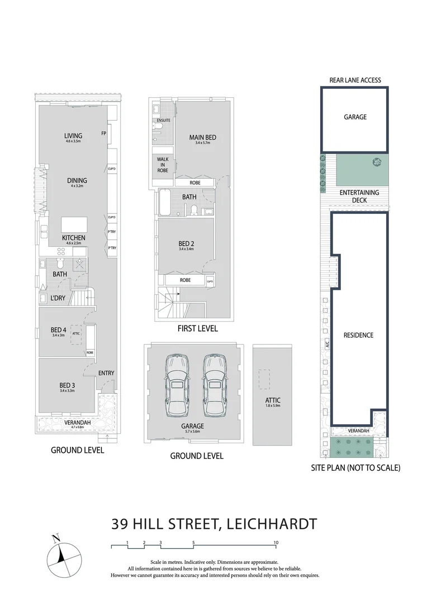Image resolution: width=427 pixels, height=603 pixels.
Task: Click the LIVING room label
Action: click(73, 136)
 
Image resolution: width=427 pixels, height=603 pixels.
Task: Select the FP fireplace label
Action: click(103, 133)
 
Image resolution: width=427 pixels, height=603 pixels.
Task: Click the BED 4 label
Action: click(58, 330)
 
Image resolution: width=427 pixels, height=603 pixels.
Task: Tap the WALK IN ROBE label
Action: click(162, 165)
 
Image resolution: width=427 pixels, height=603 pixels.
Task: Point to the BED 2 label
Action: click(186, 243)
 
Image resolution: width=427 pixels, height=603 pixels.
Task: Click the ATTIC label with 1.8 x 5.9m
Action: click(273, 400)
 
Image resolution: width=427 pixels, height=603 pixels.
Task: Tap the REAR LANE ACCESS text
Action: click(355, 80)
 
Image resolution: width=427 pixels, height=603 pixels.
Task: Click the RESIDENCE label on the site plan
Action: click(358, 335)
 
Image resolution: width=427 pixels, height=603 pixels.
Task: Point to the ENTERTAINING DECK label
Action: click(359, 196)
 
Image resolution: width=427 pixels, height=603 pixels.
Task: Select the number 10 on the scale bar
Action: click(276, 543)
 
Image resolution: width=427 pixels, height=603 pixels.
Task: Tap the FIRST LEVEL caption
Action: click(197, 328)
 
